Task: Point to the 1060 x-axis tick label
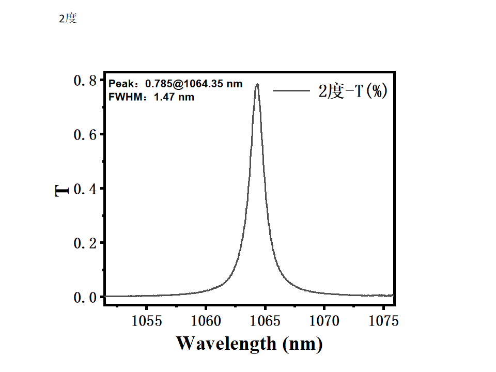206,321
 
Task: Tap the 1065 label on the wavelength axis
266,321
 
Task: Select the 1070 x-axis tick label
325,321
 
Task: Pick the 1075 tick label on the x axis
384,321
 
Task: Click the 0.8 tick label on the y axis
85,81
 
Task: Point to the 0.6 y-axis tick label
85,135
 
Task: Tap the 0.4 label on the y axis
85,189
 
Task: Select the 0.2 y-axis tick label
85,243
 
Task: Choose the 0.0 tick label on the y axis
85,298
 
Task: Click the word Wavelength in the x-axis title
226,343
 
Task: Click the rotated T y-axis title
62,191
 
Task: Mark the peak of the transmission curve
257,84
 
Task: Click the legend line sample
291,91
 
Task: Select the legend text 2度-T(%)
352,91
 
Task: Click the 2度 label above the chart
68,19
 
